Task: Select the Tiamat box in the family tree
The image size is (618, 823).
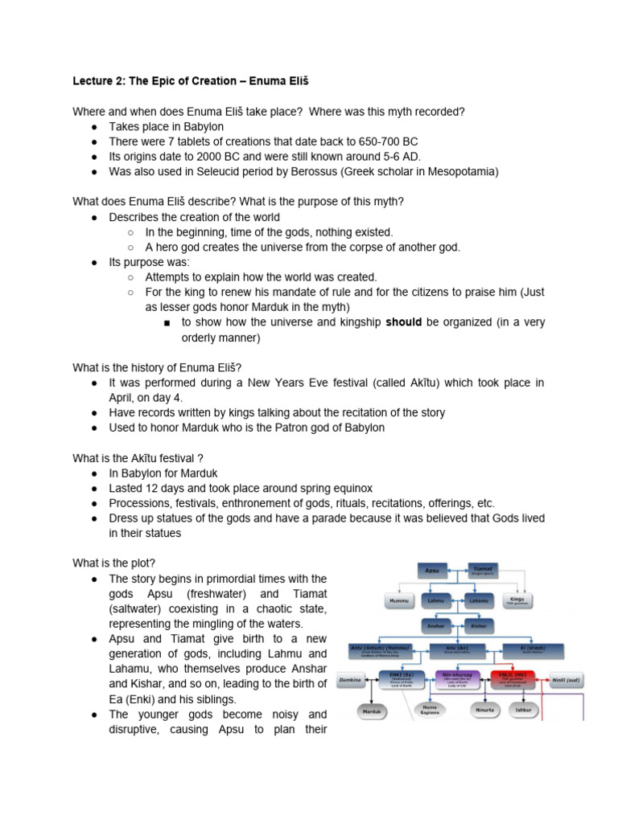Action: point(483,570)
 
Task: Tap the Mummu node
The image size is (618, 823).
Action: point(400,600)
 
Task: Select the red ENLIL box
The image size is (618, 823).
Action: point(514,680)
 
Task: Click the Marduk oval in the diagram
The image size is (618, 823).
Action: point(372,710)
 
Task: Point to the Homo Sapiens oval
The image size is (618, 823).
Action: point(428,710)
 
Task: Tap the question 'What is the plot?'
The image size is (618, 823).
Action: point(114,563)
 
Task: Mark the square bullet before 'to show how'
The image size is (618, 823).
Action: point(166,323)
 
